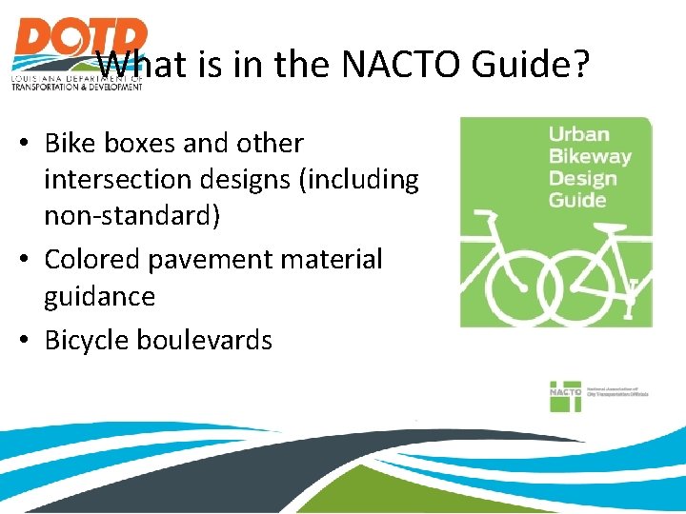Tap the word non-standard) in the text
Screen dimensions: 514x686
pos(132,217)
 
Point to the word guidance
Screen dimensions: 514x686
pos(100,297)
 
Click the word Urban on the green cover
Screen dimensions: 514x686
pos(578,134)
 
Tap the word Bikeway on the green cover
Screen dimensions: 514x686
pos(590,156)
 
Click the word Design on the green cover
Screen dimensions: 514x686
pos(582,178)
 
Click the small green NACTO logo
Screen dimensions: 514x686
pos(565,395)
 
